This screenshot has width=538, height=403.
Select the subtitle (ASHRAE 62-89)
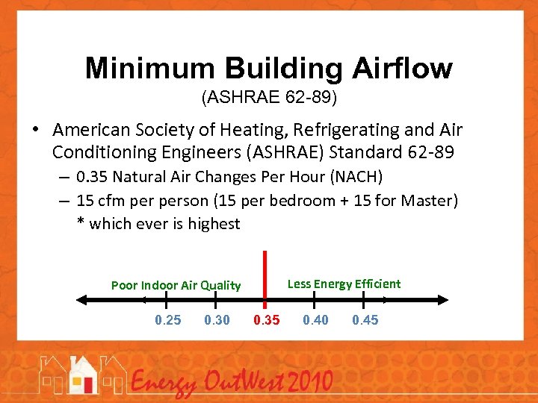269,97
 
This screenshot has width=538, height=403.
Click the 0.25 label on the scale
167,320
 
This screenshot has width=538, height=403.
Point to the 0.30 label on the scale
217,320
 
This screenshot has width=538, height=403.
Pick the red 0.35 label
267,320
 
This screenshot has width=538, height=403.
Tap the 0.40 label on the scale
315,320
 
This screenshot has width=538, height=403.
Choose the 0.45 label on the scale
365,320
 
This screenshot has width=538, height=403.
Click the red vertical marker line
265,276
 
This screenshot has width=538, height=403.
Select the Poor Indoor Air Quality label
176,285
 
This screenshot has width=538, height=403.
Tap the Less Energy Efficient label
344,284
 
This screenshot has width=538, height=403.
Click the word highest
213,223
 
